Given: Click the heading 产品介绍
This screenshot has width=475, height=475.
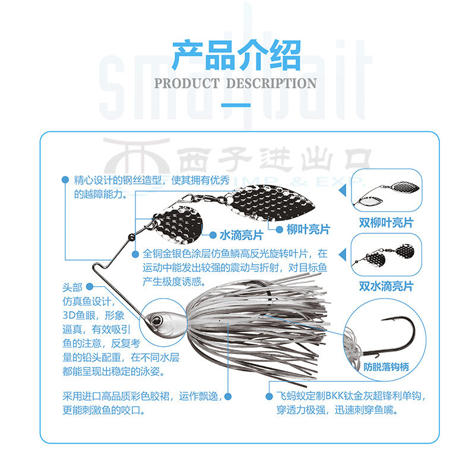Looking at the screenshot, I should [x=236, y=56].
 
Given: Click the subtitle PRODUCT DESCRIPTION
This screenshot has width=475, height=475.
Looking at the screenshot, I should [x=236, y=83].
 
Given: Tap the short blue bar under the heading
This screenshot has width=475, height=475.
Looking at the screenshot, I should [x=236, y=105].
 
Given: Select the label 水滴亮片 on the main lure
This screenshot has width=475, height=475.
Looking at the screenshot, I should [x=235, y=234].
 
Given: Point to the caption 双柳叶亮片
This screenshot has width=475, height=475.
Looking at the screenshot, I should [x=386, y=223].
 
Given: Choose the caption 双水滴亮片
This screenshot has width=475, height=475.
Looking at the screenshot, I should [x=386, y=286].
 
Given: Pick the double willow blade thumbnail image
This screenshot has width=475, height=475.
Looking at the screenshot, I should [x=386, y=191].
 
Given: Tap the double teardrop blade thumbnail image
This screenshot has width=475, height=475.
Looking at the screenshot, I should [x=386, y=255].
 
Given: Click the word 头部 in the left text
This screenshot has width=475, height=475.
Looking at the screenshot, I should [x=72, y=287].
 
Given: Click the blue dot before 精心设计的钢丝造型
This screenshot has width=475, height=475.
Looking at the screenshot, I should [x=64, y=179].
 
